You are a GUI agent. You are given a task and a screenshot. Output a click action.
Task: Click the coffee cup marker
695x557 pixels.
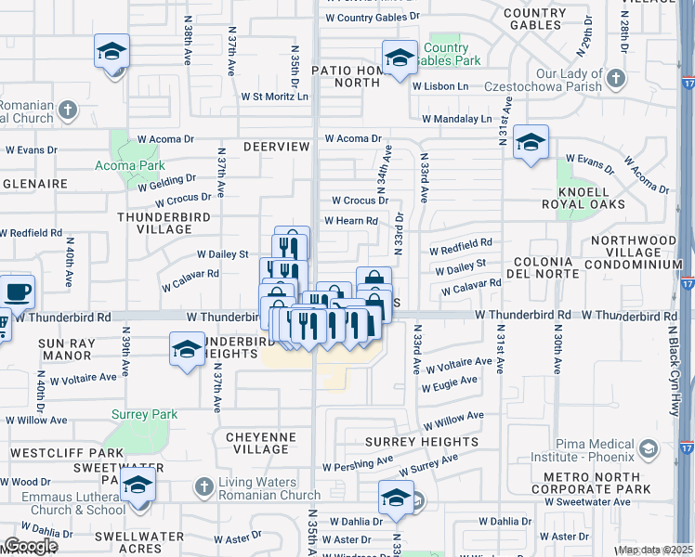coord(18,292)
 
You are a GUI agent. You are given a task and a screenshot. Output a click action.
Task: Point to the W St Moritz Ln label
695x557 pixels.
coord(274,96)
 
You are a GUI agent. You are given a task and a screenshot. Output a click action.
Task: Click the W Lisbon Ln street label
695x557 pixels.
coord(440,85)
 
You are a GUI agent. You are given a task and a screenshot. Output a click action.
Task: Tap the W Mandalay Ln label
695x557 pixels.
coord(457,119)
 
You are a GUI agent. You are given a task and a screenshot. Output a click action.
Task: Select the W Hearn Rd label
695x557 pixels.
coord(350,221)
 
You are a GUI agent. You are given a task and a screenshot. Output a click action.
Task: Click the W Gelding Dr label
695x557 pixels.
coord(166,182)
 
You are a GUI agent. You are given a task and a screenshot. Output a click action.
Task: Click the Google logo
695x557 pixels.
coord(30,546)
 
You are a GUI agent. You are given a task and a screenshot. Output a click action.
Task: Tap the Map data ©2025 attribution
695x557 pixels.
coord(656,550)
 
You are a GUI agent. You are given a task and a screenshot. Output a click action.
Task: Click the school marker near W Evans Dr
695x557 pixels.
coord(531,142)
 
